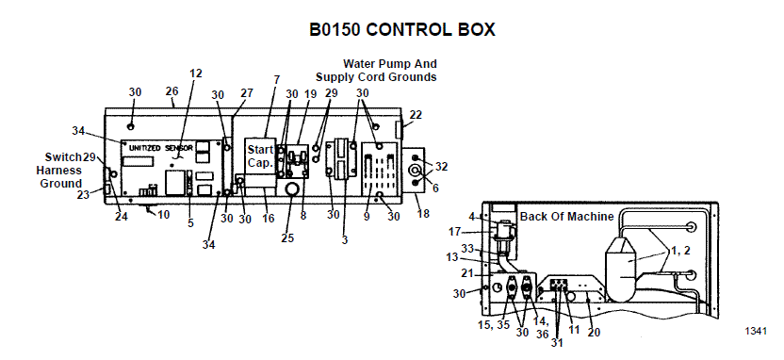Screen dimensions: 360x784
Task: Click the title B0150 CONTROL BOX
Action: point(402,29)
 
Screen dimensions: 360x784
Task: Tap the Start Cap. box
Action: point(259,156)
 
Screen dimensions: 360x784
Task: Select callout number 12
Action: point(196,73)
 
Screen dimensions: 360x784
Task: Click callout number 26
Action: point(171,91)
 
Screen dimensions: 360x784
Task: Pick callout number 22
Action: point(416,114)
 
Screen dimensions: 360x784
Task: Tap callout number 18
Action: point(422,214)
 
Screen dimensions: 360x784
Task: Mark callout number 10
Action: point(165,215)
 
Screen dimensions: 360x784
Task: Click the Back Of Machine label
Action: point(566,216)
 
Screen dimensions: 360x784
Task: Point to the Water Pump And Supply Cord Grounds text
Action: point(376,70)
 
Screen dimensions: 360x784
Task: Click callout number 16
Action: point(269,218)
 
